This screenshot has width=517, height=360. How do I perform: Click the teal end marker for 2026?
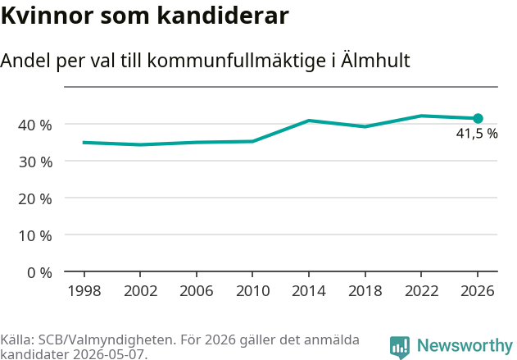(x=478, y=118)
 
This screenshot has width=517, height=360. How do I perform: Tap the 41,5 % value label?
(x=477, y=134)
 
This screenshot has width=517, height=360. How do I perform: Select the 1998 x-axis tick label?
(x=84, y=291)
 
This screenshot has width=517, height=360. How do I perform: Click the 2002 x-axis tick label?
(x=140, y=291)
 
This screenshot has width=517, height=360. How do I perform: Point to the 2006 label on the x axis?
(x=197, y=291)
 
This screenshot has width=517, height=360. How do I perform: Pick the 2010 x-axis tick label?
(x=253, y=291)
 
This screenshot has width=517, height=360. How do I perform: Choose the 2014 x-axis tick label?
(x=309, y=291)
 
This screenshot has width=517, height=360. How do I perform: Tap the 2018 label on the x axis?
(x=365, y=291)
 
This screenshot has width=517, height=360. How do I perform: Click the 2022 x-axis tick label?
(x=421, y=291)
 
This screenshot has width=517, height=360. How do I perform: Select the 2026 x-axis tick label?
(x=478, y=291)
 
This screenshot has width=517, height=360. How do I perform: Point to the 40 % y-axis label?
(x=35, y=125)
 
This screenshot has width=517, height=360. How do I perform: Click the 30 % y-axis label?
(x=35, y=162)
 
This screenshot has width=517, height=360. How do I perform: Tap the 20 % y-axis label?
(x=35, y=199)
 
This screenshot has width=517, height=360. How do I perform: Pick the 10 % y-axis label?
(x=35, y=236)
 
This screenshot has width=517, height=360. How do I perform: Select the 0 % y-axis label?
(x=39, y=273)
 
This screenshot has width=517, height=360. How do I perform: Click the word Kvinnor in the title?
(x=48, y=16)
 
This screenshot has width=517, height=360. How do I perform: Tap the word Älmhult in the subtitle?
(x=375, y=60)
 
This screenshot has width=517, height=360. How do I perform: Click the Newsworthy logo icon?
(x=400, y=347)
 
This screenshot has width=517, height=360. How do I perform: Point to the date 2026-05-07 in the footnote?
(x=108, y=354)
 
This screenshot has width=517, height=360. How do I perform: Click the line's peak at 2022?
(x=421, y=116)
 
